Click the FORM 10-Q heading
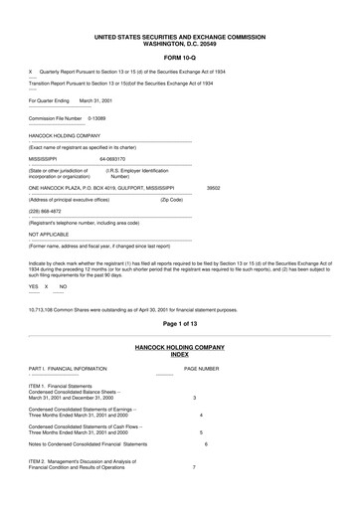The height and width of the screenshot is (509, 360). [180, 58]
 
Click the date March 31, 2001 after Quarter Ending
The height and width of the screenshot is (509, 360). [97, 99]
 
